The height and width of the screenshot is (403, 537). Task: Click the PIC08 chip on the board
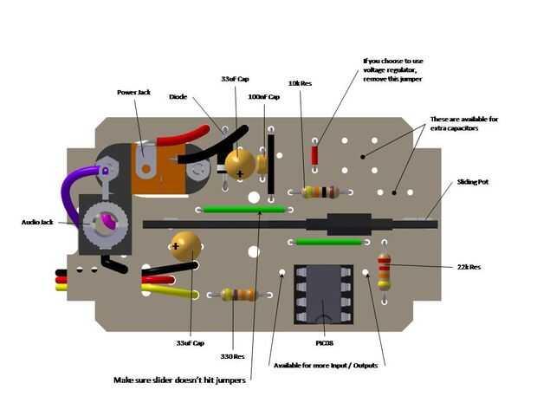tap(323, 295)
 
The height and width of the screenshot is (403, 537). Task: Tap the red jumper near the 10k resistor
tap(314, 156)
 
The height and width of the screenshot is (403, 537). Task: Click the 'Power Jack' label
tap(133, 93)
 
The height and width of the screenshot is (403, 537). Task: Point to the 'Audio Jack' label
tap(37, 223)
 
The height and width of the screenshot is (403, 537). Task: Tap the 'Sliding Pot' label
tap(474, 183)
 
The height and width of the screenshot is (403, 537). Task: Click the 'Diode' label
tap(179, 98)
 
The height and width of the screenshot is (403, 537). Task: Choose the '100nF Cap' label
tap(264, 97)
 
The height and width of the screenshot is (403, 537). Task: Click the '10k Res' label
tap(301, 84)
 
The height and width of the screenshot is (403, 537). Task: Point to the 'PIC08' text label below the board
tap(324, 343)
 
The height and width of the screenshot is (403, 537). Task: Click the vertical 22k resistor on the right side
tap(384, 272)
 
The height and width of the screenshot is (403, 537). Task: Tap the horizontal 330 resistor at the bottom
tap(237, 295)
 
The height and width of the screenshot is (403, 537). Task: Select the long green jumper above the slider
tap(243, 210)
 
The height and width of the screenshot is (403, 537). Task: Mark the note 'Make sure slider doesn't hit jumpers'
tap(178, 380)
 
